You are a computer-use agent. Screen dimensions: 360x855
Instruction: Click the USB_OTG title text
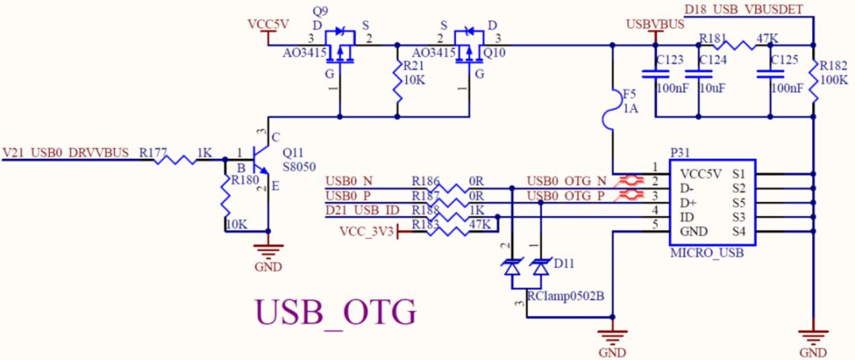[334, 313]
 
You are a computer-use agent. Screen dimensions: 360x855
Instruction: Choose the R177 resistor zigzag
[180, 159]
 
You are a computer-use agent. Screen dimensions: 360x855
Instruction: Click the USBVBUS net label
[655, 25]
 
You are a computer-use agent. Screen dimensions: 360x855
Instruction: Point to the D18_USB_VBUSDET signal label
[743, 9]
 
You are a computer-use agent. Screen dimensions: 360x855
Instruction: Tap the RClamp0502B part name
[565, 297]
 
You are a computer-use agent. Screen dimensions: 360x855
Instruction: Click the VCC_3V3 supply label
[365, 231]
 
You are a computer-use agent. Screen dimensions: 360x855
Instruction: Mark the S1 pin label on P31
[739, 173]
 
